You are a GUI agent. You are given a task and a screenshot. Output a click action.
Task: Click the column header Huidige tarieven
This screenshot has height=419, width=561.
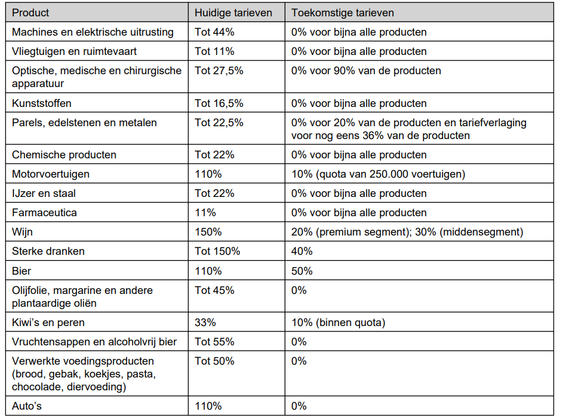point(234,13)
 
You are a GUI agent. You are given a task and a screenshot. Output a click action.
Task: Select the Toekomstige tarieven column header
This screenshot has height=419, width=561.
point(343,13)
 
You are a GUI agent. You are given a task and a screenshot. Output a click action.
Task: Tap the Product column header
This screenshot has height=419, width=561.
point(30,13)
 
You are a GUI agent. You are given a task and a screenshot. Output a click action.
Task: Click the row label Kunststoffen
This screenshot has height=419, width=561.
point(41,103)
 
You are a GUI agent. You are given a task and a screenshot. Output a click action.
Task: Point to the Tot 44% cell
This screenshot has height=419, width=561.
point(214,32)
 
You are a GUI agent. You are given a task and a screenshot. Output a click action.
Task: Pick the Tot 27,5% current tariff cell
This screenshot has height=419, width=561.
point(218,71)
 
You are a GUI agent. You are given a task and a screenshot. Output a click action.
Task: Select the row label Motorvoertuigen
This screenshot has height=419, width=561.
point(50,174)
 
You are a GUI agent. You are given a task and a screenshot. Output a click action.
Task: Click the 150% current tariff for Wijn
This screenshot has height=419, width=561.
point(208,232)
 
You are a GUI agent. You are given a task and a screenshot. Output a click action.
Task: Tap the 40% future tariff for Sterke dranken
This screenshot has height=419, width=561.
point(302,251)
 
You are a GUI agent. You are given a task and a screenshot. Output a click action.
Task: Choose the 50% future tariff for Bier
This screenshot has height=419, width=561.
point(302,271)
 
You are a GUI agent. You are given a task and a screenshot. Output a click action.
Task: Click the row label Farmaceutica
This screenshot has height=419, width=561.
point(44,213)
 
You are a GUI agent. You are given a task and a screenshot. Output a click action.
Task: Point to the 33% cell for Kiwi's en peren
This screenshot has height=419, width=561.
point(205,323)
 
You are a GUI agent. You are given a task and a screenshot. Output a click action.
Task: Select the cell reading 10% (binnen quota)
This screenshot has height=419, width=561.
point(338,323)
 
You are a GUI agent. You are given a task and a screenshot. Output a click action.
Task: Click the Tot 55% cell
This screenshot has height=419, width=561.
point(214,342)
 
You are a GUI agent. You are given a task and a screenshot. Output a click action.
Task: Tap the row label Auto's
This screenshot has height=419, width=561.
point(27,406)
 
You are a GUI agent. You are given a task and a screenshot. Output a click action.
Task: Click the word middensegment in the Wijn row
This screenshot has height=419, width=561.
point(481,232)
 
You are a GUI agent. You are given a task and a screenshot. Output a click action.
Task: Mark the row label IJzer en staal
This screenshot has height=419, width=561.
point(44,194)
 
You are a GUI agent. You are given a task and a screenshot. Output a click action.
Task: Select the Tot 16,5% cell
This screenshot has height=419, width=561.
point(218,103)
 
